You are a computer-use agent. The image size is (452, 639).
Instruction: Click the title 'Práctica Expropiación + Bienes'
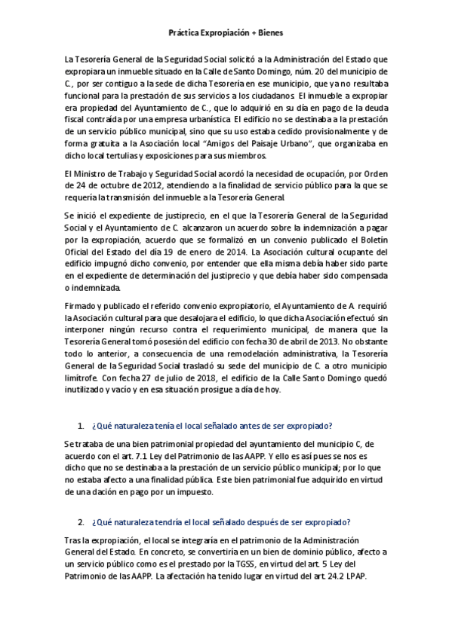[x=226, y=33]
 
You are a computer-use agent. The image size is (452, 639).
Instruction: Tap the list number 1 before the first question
[x=80, y=427]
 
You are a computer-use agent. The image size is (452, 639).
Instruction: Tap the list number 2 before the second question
[x=80, y=522]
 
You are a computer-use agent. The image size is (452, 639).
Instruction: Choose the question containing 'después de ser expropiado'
[x=221, y=522]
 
